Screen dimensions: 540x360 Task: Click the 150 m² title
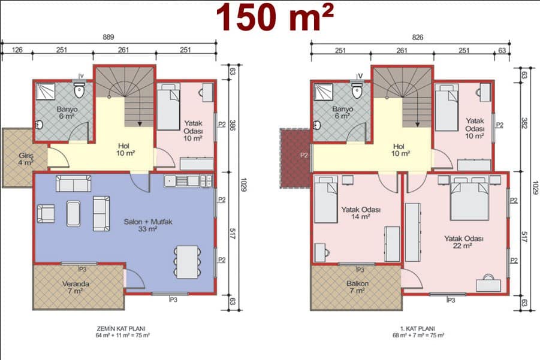point(275,18)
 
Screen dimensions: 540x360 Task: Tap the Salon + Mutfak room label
point(148,225)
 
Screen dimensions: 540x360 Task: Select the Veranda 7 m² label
point(76,288)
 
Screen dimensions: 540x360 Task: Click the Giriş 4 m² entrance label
point(26,159)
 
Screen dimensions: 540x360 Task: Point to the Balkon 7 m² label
point(357,287)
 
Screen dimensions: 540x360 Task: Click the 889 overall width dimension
point(108,37)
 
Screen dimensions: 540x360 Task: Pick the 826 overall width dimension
point(417,37)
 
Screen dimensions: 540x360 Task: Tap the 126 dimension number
point(17,50)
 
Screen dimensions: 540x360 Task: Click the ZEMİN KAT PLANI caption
point(121,328)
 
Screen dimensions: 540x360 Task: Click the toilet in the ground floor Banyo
point(80,89)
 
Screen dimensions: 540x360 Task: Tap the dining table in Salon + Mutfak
point(187,262)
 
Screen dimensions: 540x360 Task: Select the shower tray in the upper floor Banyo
point(324,92)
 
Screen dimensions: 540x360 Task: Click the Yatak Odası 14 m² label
point(361,213)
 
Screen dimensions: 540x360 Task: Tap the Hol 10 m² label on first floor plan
point(400,150)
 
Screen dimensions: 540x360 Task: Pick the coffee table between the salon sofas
point(73,214)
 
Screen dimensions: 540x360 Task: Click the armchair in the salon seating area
point(46,213)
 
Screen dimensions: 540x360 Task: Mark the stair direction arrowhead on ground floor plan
point(140,123)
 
